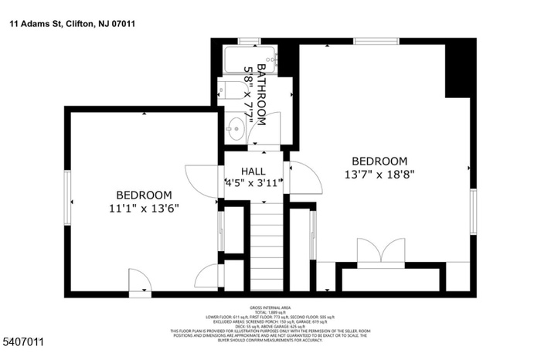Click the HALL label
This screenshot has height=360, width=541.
[x=253, y=171]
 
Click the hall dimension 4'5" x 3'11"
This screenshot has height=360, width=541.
[x=253, y=184]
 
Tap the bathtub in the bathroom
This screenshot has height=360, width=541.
[x=250, y=59]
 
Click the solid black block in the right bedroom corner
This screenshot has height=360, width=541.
[x=461, y=70]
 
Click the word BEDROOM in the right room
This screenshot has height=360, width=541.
[x=379, y=161]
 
